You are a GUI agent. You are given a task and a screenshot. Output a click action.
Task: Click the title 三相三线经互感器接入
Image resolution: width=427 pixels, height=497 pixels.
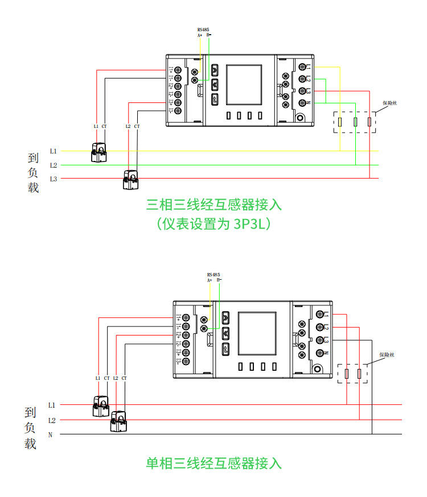coord(213,204)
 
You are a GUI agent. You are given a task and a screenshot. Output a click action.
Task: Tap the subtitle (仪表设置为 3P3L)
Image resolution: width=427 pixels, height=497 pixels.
coord(213,225)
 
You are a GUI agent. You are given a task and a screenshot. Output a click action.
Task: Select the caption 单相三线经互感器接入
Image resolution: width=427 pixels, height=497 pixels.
coord(213,463)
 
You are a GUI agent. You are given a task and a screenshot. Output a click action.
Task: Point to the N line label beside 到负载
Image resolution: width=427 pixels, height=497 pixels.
coord(50,435)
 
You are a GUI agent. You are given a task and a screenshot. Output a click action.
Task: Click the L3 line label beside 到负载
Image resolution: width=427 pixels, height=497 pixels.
coord(53,179)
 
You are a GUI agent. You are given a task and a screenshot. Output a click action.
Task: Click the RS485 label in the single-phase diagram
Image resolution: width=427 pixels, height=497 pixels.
coord(213,274)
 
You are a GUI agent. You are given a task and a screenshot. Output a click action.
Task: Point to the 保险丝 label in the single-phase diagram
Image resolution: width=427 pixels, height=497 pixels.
coord(387,355)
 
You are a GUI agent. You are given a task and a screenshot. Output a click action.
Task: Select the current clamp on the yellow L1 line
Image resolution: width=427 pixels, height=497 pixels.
coord(98,153)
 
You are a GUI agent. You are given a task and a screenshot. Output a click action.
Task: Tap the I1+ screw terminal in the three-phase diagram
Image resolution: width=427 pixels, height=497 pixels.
coord(178,70)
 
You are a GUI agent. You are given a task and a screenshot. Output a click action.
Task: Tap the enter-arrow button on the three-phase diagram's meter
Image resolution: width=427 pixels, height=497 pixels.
coord(215,100)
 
